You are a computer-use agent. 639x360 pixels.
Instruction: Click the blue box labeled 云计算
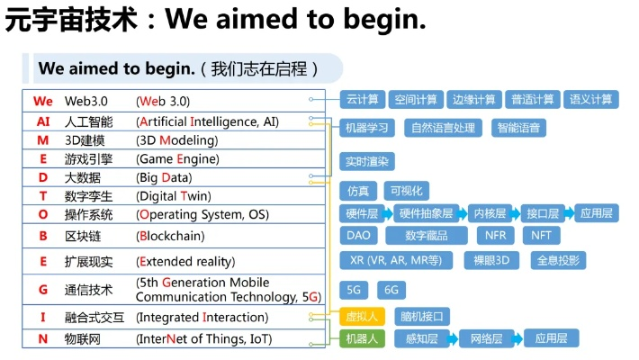(x=363, y=99)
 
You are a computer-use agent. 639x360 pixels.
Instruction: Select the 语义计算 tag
(x=592, y=99)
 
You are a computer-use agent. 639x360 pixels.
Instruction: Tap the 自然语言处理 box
(x=443, y=128)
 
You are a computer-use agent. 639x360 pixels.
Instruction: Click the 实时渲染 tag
(x=367, y=162)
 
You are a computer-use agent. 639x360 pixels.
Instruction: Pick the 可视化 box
(x=407, y=191)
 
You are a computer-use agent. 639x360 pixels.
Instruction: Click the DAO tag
(x=357, y=236)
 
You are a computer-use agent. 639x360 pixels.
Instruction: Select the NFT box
(x=541, y=236)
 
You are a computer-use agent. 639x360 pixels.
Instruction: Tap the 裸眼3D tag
(x=491, y=260)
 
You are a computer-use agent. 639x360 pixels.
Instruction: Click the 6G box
(x=391, y=290)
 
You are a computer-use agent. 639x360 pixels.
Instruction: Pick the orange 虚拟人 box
(x=363, y=316)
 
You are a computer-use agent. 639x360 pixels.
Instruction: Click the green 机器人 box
(x=363, y=339)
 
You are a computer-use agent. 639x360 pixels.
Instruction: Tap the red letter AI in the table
(x=43, y=121)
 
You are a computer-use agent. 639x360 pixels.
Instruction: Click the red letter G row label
(x=43, y=290)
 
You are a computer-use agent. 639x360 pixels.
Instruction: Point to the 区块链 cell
(x=83, y=236)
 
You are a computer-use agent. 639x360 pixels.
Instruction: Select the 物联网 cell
(x=83, y=339)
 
